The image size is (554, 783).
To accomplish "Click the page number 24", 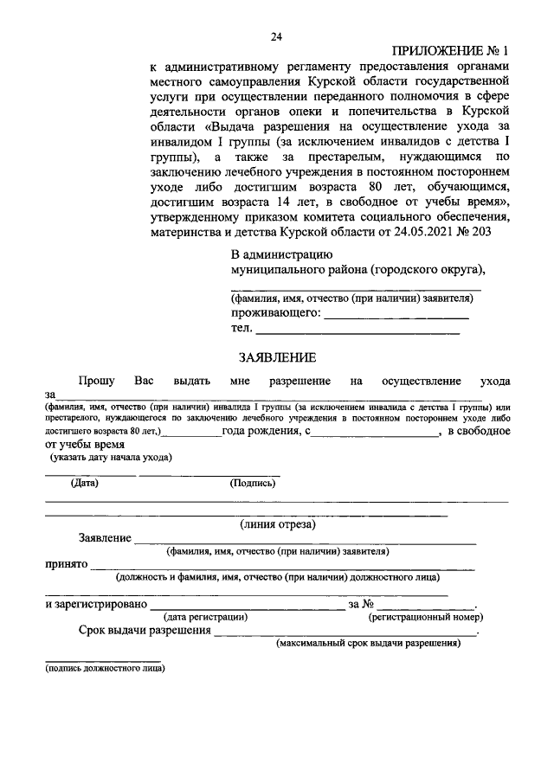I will [x=276, y=35].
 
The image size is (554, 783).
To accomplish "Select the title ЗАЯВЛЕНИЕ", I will [x=277, y=356].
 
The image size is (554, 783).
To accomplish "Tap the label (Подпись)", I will [x=253, y=483].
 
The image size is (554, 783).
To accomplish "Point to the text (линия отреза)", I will [x=277, y=524].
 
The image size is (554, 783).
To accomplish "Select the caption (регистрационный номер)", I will [x=425, y=617].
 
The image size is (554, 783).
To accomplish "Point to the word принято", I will [x=68, y=564].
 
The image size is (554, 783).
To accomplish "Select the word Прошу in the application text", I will [x=96, y=381].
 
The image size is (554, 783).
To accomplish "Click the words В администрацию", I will [x=281, y=254].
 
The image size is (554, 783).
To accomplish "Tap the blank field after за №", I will [x=425, y=604].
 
